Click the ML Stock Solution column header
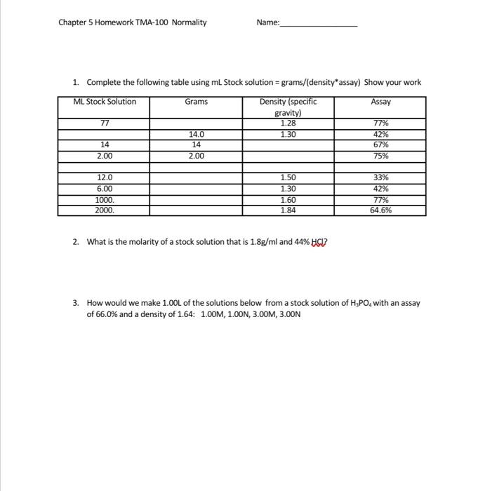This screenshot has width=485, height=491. [x=105, y=102]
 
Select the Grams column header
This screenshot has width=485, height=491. [x=196, y=102]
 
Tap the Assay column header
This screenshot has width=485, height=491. [x=380, y=102]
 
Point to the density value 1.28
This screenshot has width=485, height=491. [x=288, y=123]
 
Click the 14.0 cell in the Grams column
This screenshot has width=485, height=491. [x=196, y=135]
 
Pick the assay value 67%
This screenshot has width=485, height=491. [x=380, y=145]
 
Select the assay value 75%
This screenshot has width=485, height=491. [x=380, y=156]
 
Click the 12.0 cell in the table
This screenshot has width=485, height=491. [x=105, y=178]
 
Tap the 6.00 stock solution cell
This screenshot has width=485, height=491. [x=105, y=189]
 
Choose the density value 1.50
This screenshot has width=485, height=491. [x=288, y=178]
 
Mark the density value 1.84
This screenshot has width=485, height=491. [x=288, y=210]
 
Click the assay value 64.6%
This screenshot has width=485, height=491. [x=380, y=210]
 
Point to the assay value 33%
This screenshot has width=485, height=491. [x=380, y=178]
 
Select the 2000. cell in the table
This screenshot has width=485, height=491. [x=105, y=210]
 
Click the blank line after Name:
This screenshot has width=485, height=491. [x=319, y=23]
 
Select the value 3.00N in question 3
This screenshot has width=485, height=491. [x=289, y=314]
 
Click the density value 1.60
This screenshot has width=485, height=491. [x=288, y=199]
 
